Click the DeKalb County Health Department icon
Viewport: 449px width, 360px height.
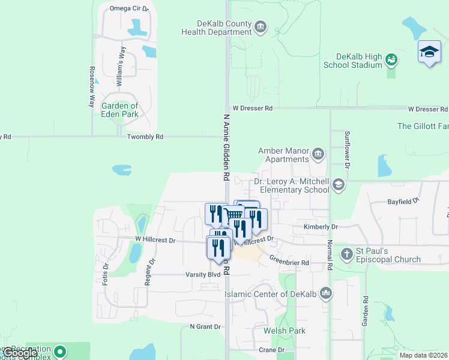coord(261,26)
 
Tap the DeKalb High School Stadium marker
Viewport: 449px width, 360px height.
coord(392,59)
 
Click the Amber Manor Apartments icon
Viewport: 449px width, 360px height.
coord(318,155)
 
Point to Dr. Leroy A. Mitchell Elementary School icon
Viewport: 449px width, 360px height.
coord(339,185)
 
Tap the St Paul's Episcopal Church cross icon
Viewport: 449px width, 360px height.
coord(346,254)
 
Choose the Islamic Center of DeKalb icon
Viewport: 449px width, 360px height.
coord(326,293)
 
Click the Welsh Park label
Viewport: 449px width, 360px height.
coord(288,331)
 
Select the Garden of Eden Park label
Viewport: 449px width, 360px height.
coord(120,110)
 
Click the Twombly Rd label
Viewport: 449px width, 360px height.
coord(145,137)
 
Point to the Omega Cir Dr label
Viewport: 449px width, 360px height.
coord(129,8)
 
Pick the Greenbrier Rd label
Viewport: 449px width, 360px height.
coord(289,262)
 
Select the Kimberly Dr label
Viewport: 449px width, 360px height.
coord(321,227)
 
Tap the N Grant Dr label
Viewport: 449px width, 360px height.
coord(205,327)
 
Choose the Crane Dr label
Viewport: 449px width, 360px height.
coord(271,350)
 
